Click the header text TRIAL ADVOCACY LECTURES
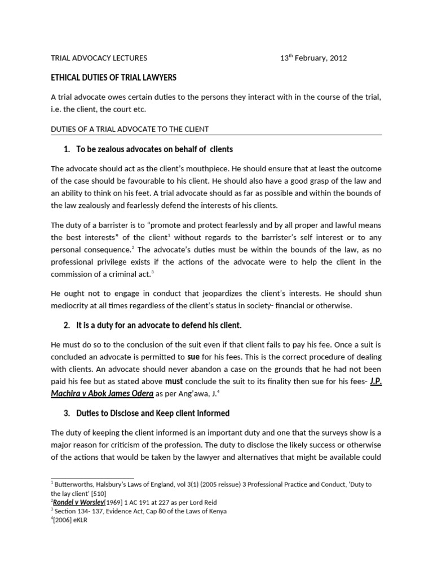click(99, 58)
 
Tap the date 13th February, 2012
click(314, 58)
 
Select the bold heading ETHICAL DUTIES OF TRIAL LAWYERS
click(114, 78)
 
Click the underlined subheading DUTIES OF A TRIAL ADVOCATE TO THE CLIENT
click(130, 129)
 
